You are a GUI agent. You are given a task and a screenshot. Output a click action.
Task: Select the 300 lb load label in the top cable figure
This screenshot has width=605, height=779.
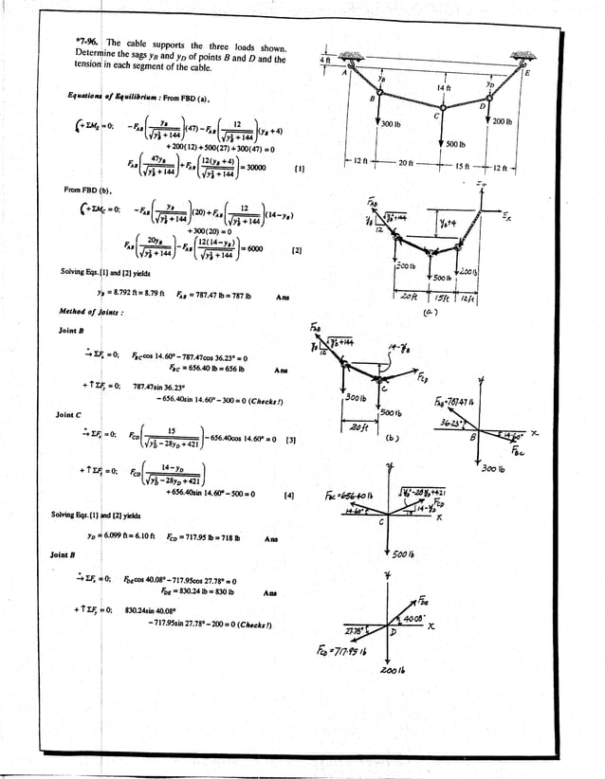click(393, 124)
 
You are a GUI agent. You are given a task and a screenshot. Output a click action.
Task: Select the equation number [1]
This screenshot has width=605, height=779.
click(299, 171)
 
